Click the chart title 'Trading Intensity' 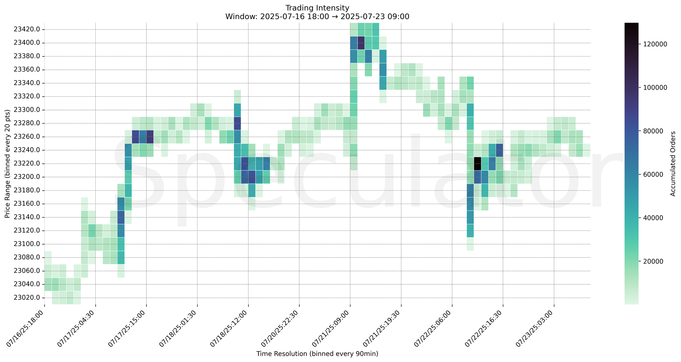point(317,8)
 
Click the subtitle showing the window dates point(317,16)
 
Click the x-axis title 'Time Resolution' point(317,354)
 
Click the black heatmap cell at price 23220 point(477,163)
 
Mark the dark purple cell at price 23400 point(361,43)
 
